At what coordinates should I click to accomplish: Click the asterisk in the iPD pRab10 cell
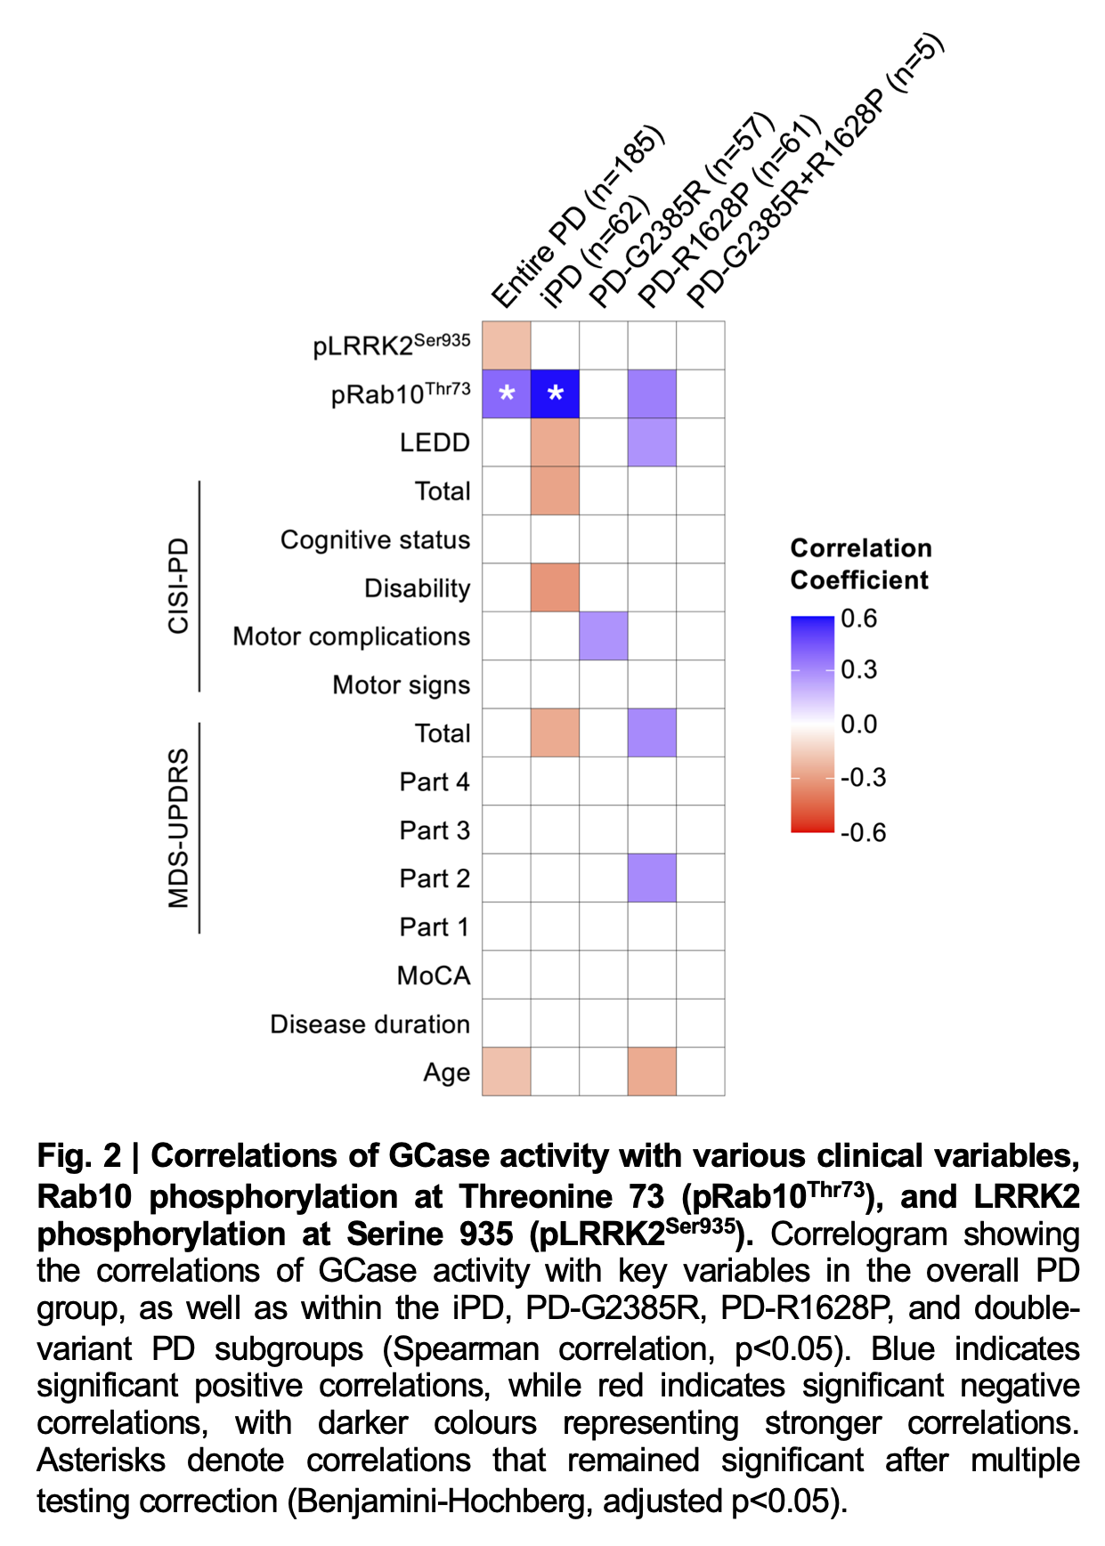(555, 393)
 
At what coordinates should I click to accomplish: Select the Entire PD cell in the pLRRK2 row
(507, 345)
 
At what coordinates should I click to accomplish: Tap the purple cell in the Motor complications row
(603, 635)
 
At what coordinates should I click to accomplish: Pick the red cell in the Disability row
(555, 587)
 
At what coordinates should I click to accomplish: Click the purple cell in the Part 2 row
(652, 878)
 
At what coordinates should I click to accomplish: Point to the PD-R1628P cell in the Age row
(652, 1071)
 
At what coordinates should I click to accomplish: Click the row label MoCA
(433, 975)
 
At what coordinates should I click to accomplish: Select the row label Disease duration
(370, 1024)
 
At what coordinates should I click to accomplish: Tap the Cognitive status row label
(375, 540)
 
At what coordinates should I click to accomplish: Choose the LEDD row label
(435, 442)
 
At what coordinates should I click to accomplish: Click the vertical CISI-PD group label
(179, 586)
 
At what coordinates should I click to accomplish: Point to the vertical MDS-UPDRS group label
(179, 828)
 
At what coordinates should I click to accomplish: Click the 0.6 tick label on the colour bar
(858, 619)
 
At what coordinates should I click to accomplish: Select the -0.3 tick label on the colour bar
(863, 778)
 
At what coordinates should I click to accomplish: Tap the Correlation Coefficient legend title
(860, 564)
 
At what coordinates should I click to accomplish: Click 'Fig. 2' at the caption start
(78, 1155)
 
